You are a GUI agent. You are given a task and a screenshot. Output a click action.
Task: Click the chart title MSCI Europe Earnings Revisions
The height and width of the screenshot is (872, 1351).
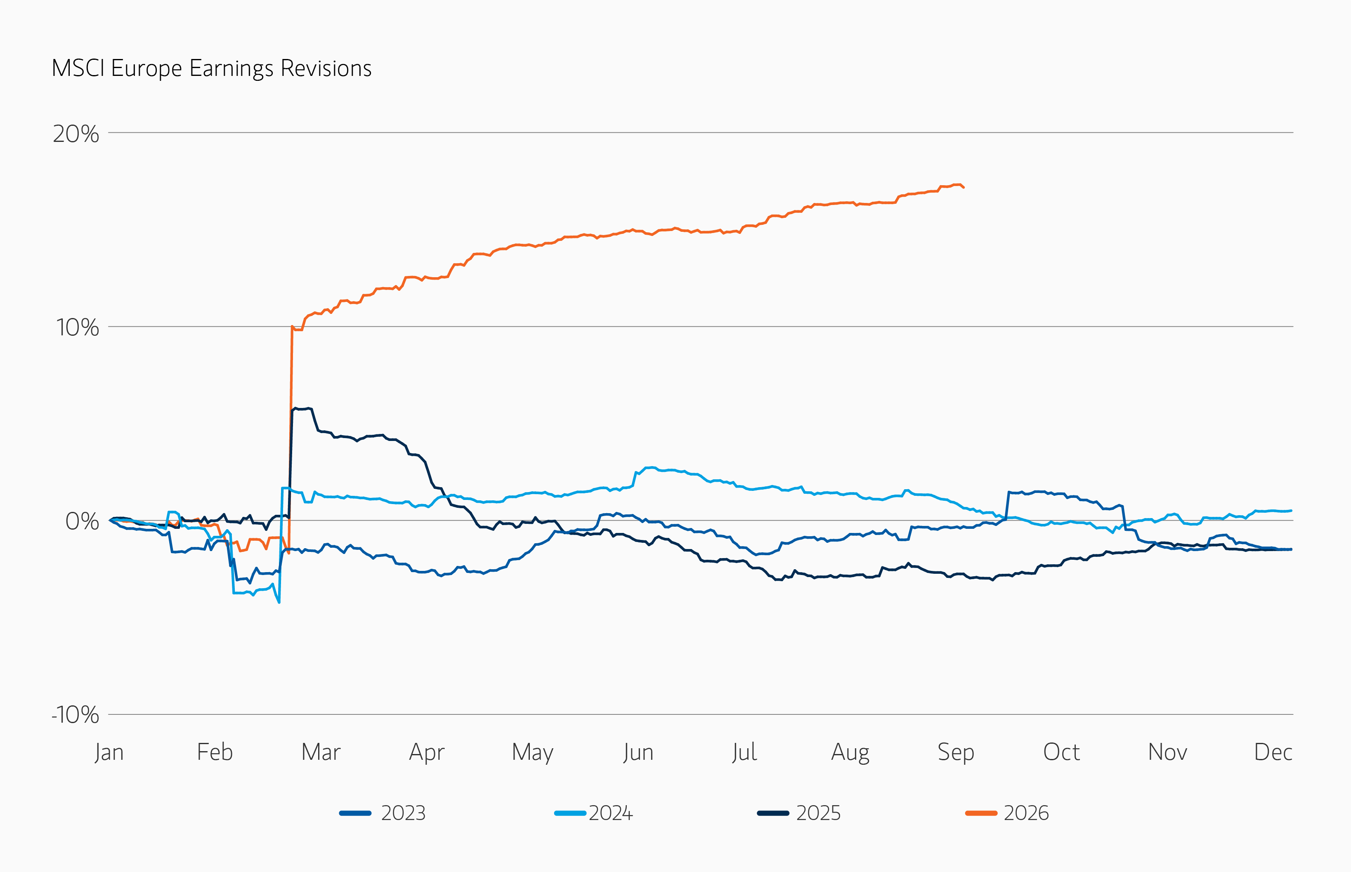pyautogui.click(x=211, y=68)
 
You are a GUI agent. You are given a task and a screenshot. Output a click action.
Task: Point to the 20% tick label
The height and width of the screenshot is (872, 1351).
pyautogui.click(x=76, y=134)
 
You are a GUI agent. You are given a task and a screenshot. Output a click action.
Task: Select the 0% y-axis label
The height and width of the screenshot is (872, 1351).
pyautogui.click(x=82, y=521)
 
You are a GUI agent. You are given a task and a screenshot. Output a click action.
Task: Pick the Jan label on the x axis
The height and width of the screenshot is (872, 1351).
pyautogui.click(x=109, y=752)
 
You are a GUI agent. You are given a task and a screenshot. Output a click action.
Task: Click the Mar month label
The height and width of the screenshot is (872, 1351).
pyautogui.click(x=321, y=752)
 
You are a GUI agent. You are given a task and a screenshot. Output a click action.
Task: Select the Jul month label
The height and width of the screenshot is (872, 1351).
pyautogui.click(x=744, y=752)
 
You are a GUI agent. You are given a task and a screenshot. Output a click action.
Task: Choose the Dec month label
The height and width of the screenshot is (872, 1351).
pyautogui.click(x=1273, y=752)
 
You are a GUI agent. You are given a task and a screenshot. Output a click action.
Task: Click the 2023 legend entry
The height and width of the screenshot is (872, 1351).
pyautogui.click(x=383, y=813)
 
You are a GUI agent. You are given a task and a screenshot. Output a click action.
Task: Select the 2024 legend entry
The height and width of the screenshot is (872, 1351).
pyautogui.click(x=594, y=813)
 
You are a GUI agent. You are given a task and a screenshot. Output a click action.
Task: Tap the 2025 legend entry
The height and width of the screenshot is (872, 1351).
pyautogui.click(x=799, y=813)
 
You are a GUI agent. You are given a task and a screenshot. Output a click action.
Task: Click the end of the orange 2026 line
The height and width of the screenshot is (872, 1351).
pyautogui.click(x=964, y=187)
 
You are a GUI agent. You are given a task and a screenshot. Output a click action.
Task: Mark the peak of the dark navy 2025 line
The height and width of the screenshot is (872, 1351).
pyautogui.click(x=295, y=408)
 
